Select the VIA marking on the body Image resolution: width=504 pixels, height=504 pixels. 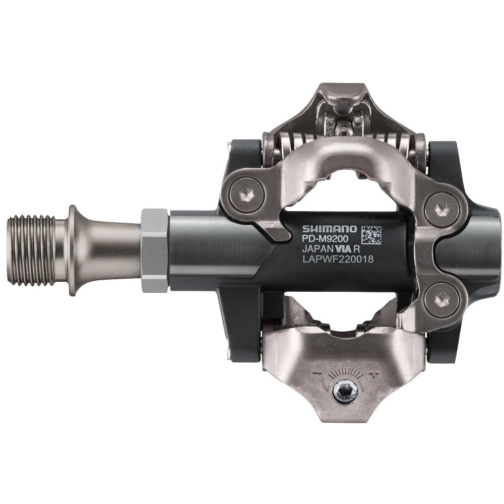(x=343, y=249)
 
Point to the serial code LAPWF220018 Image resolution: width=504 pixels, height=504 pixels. (x=337, y=260)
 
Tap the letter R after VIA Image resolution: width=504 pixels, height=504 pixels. (x=356, y=249)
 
